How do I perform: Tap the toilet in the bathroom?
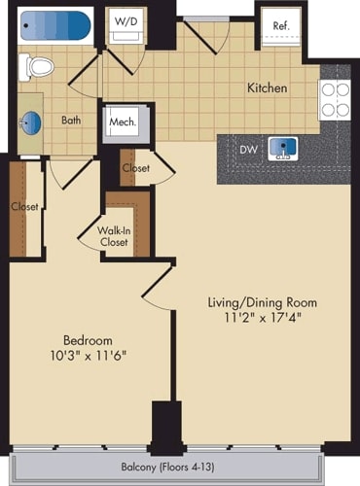(39, 66)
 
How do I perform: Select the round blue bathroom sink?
(31, 122)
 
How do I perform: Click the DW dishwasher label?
(249, 150)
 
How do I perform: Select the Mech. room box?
(123, 123)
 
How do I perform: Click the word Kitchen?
(267, 88)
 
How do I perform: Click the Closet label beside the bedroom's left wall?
(24, 206)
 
